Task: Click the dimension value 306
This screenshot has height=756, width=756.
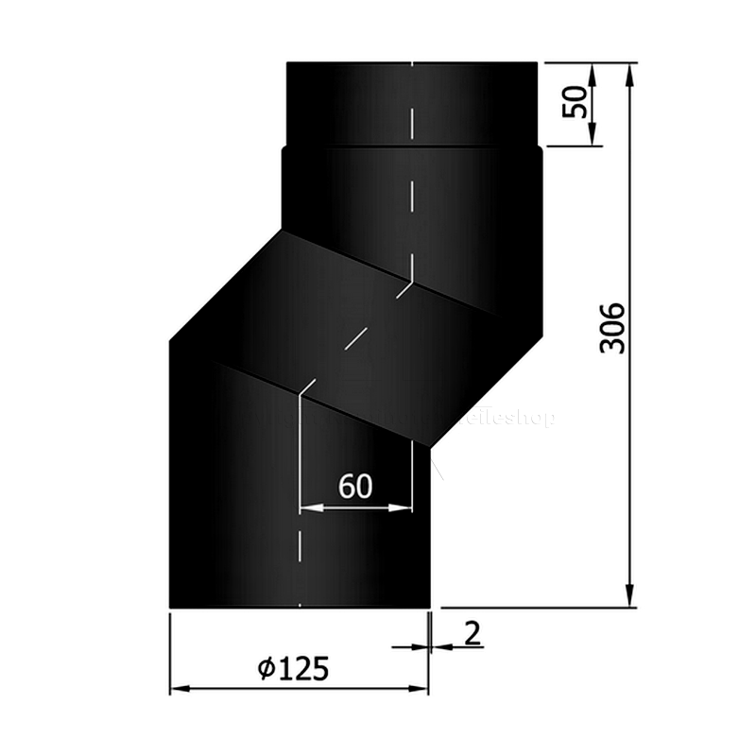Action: tap(613, 328)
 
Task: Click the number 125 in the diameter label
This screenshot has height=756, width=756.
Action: tap(304, 669)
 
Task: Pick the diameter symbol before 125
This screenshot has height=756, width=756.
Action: tap(266, 669)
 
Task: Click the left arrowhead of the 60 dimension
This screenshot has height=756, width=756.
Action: tap(308, 507)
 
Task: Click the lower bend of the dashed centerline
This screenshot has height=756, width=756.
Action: tap(300, 387)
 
